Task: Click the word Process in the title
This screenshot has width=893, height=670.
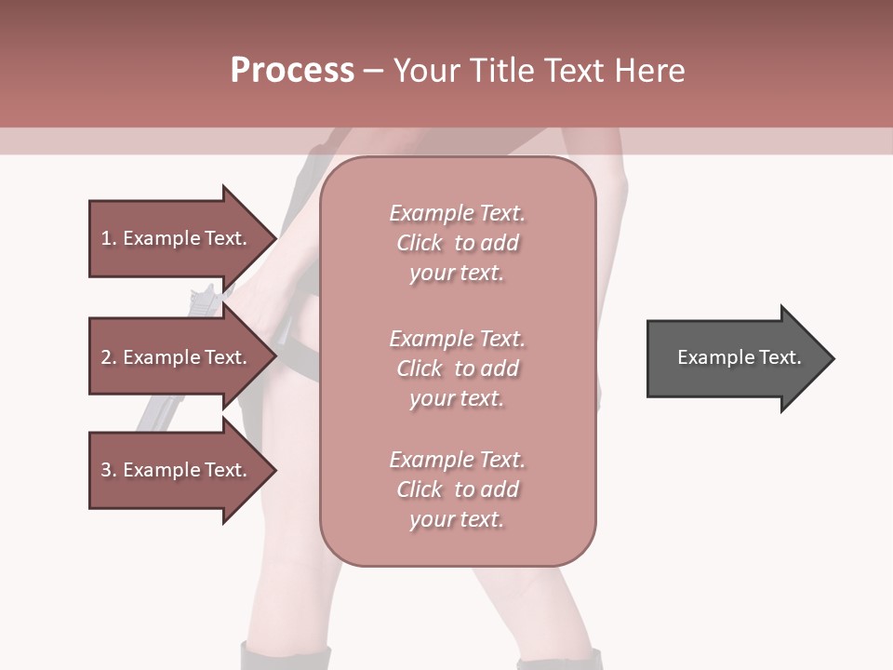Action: pyautogui.click(x=292, y=71)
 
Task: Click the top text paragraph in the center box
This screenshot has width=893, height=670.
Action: pyautogui.click(x=457, y=243)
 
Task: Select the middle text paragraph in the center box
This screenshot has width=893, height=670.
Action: pyautogui.click(x=457, y=368)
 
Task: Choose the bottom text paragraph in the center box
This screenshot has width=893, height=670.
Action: pyautogui.click(x=457, y=489)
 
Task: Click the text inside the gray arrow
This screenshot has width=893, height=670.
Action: pyautogui.click(x=739, y=357)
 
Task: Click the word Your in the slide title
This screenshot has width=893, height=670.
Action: pyautogui.click(x=426, y=71)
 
